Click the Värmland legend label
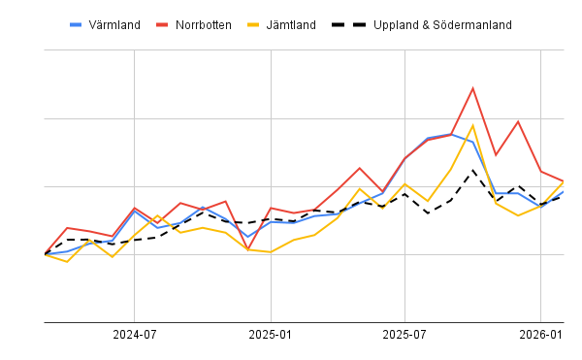[x=114, y=24]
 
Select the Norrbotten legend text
[x=204, y=24]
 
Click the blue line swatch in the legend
[x=77, y=24]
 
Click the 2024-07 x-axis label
[x=135, y=335]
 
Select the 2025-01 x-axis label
[x=271, y=335]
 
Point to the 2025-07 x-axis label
[x=405, y=335]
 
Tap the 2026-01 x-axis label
[x=541, y=335]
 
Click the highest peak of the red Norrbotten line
[x=472, y=88]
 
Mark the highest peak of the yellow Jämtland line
[x=472, y=125]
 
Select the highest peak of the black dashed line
[x=472, y=171]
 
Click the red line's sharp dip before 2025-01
[x=248, y=249]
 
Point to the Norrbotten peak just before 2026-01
[x=518, y=121]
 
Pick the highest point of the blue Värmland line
[x=450, y=134]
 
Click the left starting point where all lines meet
[x=46, y=254]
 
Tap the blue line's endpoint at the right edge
[x=564, y=191]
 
